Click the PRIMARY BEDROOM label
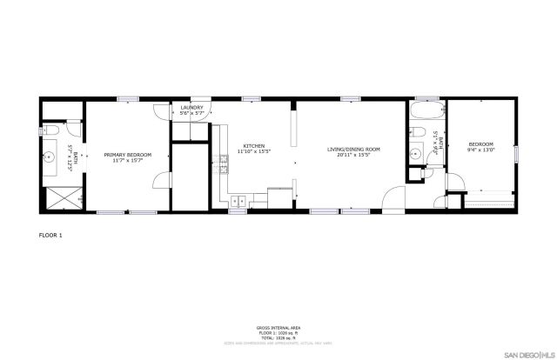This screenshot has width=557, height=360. click(128, 155)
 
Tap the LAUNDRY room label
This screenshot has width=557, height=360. click(191, 108)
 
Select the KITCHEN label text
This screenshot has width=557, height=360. click(254, 146)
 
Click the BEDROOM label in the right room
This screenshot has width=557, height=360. click(480, 144)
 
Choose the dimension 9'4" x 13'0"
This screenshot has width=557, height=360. click(480, 150)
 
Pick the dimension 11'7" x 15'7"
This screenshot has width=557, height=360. click(128, 161)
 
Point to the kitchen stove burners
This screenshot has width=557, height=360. click(219, 163)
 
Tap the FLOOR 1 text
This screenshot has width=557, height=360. click(51, 236)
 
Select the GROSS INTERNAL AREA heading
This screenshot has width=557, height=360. click(278, 329)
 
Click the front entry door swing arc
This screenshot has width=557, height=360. click(396, 197)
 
